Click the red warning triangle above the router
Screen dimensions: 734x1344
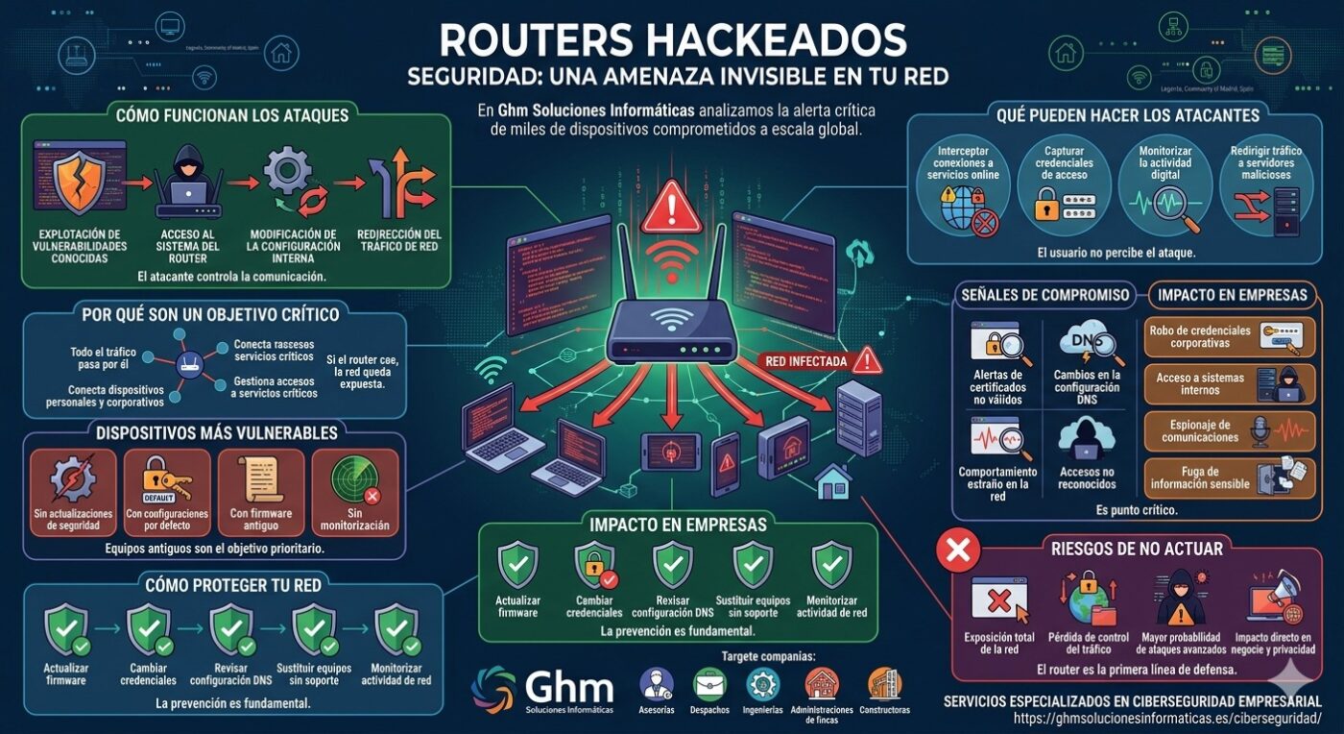(671, 208)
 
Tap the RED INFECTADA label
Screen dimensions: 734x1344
(806, 361)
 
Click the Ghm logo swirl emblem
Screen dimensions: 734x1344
(494, 688)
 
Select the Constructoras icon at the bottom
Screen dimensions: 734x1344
(884, 684)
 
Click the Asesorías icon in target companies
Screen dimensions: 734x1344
(657, 684)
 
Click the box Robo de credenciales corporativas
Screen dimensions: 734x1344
(1230, 336)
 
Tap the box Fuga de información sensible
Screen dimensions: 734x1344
(1230, 477)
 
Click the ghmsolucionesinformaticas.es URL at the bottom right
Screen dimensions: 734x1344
(1167, 719)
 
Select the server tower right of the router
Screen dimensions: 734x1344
(857, 419)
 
